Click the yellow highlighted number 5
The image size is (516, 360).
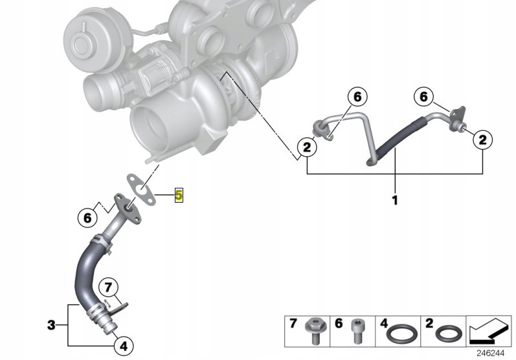(x=179, y=195)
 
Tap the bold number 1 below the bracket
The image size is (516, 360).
(x=394, y=200)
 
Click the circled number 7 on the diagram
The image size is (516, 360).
(x=109, y=287)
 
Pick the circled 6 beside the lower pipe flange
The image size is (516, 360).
(x=87, y=218)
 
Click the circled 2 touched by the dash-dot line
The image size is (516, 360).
(x=306, y=148)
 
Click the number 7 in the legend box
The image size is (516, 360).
(x=293, y=323)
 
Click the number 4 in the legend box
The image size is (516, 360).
(x=383, y=323)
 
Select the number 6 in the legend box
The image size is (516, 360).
(x=338, y=323)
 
